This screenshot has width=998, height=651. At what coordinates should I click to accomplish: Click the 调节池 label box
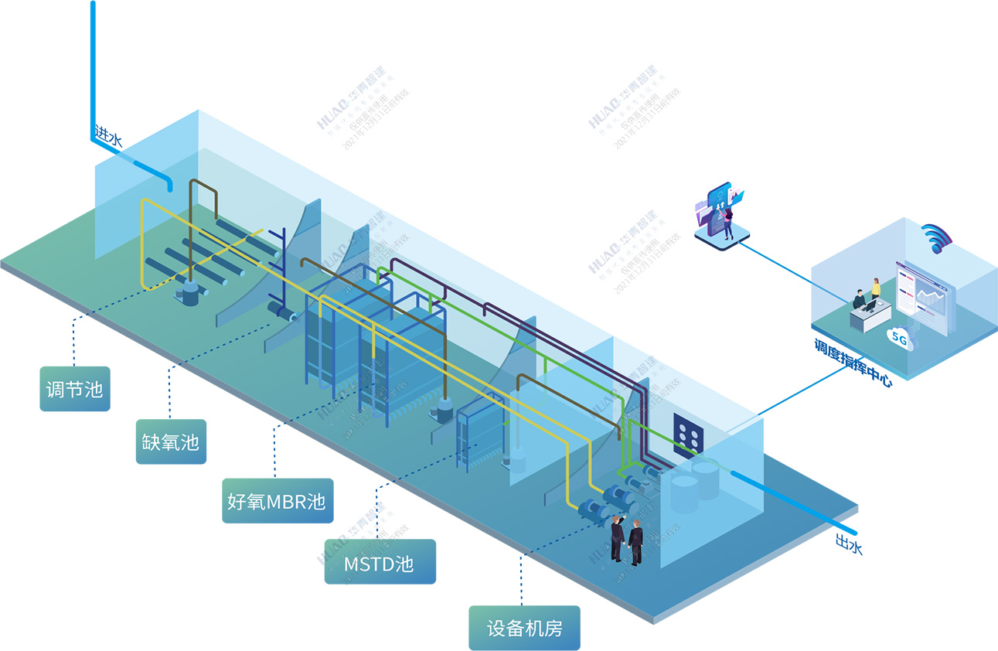coord(75,388)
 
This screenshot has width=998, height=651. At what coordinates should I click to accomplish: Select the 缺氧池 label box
coord(171,441)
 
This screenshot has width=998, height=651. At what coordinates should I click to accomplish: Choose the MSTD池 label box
coord(380,562)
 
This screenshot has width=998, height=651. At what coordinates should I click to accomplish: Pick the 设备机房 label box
coord(524,628)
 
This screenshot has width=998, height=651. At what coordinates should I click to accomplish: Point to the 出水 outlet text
coord(848,545)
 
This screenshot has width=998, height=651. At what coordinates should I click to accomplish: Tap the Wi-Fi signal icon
coord(936,237)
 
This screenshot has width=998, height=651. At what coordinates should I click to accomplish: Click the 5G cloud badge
coord(901,338)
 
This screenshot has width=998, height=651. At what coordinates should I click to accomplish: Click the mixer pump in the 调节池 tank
coord(189,291)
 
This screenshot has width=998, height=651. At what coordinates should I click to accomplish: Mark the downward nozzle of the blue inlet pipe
coord(169,186)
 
